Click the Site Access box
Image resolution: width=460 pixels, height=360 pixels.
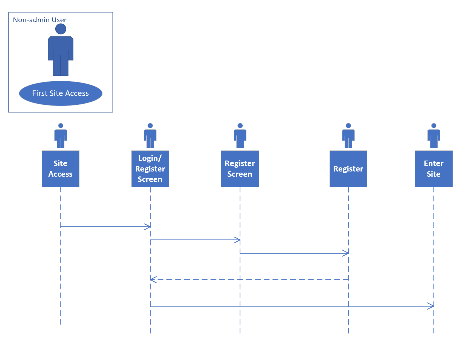click(x=61, y=169)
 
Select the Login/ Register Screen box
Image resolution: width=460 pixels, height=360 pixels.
click(x=150, y=169)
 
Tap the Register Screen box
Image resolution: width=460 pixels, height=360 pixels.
click(x=240, y=169)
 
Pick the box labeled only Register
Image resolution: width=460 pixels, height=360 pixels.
click(x=348, y=169)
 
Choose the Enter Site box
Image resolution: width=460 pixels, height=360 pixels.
click(x=434, y=169)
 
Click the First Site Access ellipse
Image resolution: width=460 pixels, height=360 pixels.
click(x=61, y=93)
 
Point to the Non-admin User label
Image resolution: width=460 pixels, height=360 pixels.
click(x=40, y=20)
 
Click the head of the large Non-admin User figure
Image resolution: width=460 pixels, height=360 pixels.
click(x=61, y=29)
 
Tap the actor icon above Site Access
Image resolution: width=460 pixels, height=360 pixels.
click(x=61, y=136)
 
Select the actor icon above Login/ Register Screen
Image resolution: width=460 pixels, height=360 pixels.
click(x=150, y=136)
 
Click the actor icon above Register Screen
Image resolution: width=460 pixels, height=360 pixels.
click(x=240, y=136)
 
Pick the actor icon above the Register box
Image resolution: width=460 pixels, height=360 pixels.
click(x=348, y=136)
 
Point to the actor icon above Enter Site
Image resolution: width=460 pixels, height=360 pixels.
click(x=434, y=136)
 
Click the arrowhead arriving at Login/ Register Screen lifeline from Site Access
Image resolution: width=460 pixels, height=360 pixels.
click(x=147, y=227)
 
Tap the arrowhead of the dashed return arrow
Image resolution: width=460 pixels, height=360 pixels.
click(x=153, y=280)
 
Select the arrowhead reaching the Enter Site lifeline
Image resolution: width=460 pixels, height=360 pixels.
click(x=431, y=306)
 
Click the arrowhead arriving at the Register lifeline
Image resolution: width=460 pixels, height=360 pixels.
click(x=345, y=253)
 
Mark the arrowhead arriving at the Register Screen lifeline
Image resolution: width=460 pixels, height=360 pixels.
click(x=237, y=240)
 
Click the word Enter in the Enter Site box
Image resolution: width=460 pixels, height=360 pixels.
click(x=434, y=164)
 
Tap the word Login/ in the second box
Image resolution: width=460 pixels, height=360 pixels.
click(x=150, y=158)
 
